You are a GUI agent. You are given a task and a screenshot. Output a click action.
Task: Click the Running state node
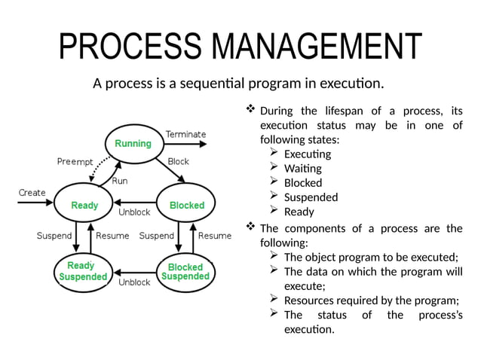click(133, 143)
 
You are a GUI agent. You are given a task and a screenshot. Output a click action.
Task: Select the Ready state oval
click(84, 205)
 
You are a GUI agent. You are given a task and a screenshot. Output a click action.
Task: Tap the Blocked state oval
click(186, 205)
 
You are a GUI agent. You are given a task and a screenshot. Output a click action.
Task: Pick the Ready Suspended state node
click(83, 271)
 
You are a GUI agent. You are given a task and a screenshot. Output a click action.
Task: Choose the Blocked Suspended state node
click(185, 272)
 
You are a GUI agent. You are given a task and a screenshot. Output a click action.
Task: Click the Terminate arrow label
click(185, 134)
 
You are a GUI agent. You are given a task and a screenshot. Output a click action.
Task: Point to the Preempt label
click(75, 162)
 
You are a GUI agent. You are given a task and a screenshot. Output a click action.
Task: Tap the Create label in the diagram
click(32, 193)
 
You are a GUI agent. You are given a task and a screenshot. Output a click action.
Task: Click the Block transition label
click(179, 161)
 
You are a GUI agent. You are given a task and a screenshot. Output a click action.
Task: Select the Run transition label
click(119, 181)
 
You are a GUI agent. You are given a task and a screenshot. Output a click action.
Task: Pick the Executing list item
click(307, 154)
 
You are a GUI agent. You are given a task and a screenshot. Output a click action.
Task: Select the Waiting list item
click(302, 168)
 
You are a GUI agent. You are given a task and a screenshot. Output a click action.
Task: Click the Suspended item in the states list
click(311, 197)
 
